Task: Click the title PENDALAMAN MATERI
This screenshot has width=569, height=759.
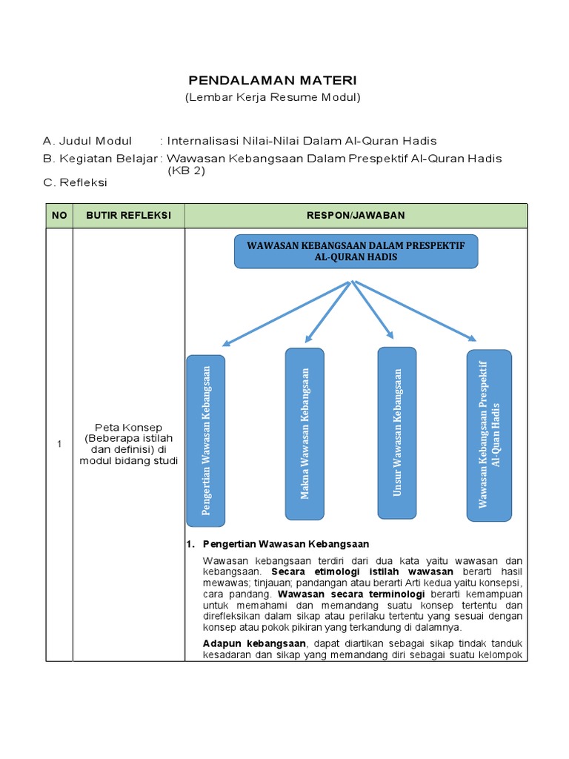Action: click(272, 80)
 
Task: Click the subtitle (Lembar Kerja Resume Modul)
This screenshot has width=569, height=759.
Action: click(272, 97)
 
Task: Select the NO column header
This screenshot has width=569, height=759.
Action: click(59, 215)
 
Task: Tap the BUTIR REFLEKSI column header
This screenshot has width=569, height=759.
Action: click(128, 215)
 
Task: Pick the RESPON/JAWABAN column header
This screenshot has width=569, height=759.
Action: click(356, 215)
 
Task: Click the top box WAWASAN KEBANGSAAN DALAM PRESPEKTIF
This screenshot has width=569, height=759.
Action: click(356, 251)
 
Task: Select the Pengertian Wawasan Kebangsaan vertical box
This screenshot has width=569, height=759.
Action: click(206, 440)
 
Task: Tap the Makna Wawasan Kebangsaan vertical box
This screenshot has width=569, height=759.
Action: click(305, 434)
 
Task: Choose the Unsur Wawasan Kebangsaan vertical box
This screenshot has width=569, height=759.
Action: click(397, 433)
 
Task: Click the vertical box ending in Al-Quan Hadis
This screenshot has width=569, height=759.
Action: click(489, 435)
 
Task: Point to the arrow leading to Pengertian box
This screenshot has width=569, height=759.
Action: click(285, 314)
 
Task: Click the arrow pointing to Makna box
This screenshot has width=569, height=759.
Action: click(327, 311)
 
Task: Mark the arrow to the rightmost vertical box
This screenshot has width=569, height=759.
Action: click(415, 310)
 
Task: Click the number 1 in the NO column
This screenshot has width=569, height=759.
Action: click(59, 444)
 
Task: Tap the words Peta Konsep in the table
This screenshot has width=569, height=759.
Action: click(128, 428)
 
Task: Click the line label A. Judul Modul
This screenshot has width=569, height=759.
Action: click(87, 141)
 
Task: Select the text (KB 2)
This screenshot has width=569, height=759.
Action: click(186, 170)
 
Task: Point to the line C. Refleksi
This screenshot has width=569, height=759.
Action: click(76, 182)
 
